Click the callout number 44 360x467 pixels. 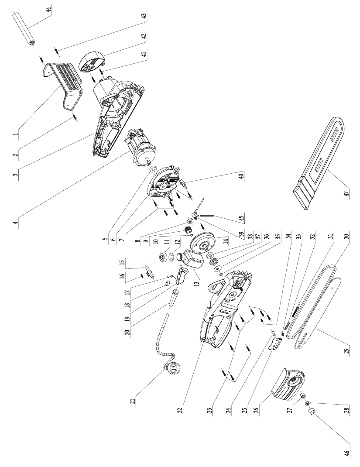pyautogui.click(x=48, y=9)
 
